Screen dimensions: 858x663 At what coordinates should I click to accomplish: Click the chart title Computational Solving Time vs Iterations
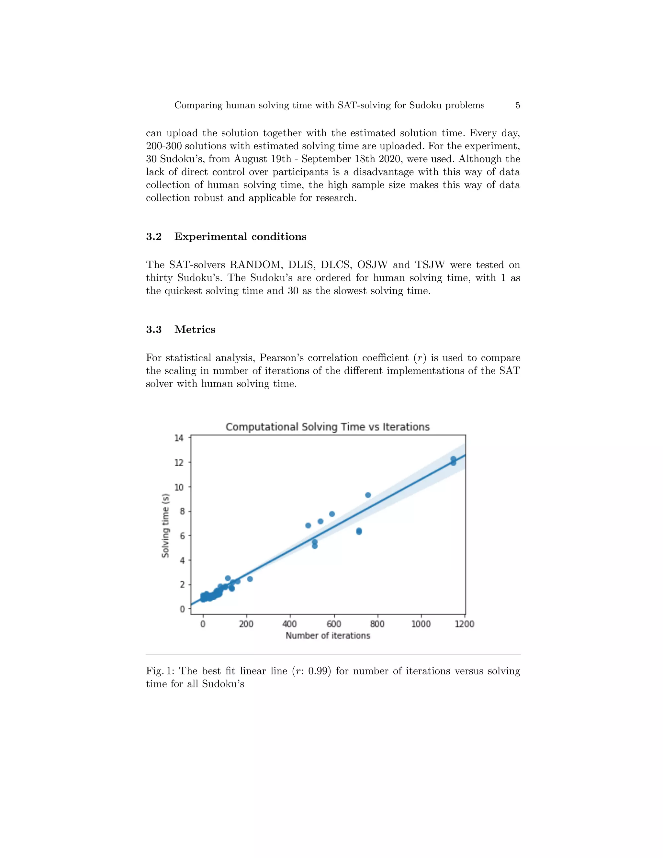point(328,427)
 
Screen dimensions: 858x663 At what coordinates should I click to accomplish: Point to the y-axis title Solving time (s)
point(165,525)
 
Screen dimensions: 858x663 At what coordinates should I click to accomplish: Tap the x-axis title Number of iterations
point(328,635)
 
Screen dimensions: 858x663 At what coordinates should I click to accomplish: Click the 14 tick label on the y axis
point(179,438)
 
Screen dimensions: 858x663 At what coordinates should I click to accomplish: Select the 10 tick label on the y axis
point(179,487)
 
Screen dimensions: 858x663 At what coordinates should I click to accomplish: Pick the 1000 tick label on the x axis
point(421,624)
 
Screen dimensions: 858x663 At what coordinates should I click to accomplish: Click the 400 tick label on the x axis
point(290,624)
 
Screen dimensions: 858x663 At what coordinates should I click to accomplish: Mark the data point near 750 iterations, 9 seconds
point(368,495)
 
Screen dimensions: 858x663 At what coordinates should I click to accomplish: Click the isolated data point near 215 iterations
point(250,579)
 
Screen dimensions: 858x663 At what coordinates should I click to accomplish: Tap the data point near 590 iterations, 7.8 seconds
point(332,514)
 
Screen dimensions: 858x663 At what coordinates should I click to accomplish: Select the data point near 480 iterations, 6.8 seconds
point(308,525)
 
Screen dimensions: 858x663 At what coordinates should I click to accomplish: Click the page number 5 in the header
point(518,105)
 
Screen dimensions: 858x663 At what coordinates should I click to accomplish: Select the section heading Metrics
point(195,329)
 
